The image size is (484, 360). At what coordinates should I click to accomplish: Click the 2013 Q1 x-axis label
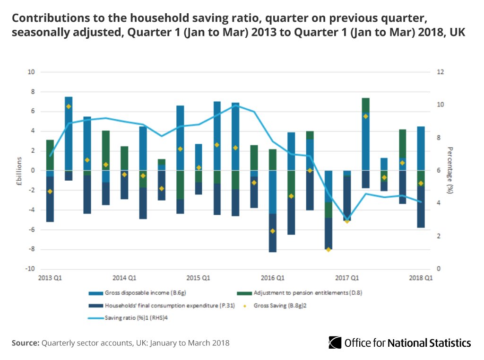49,278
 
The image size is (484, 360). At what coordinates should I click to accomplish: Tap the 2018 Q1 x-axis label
421,278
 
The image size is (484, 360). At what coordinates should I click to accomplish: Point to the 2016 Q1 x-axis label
272,278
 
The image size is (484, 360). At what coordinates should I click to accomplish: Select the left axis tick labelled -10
31,269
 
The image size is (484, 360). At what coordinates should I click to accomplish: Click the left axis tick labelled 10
32,72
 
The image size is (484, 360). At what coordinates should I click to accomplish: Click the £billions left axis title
19,170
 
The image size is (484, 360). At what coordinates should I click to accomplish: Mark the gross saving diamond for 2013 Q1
50,191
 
